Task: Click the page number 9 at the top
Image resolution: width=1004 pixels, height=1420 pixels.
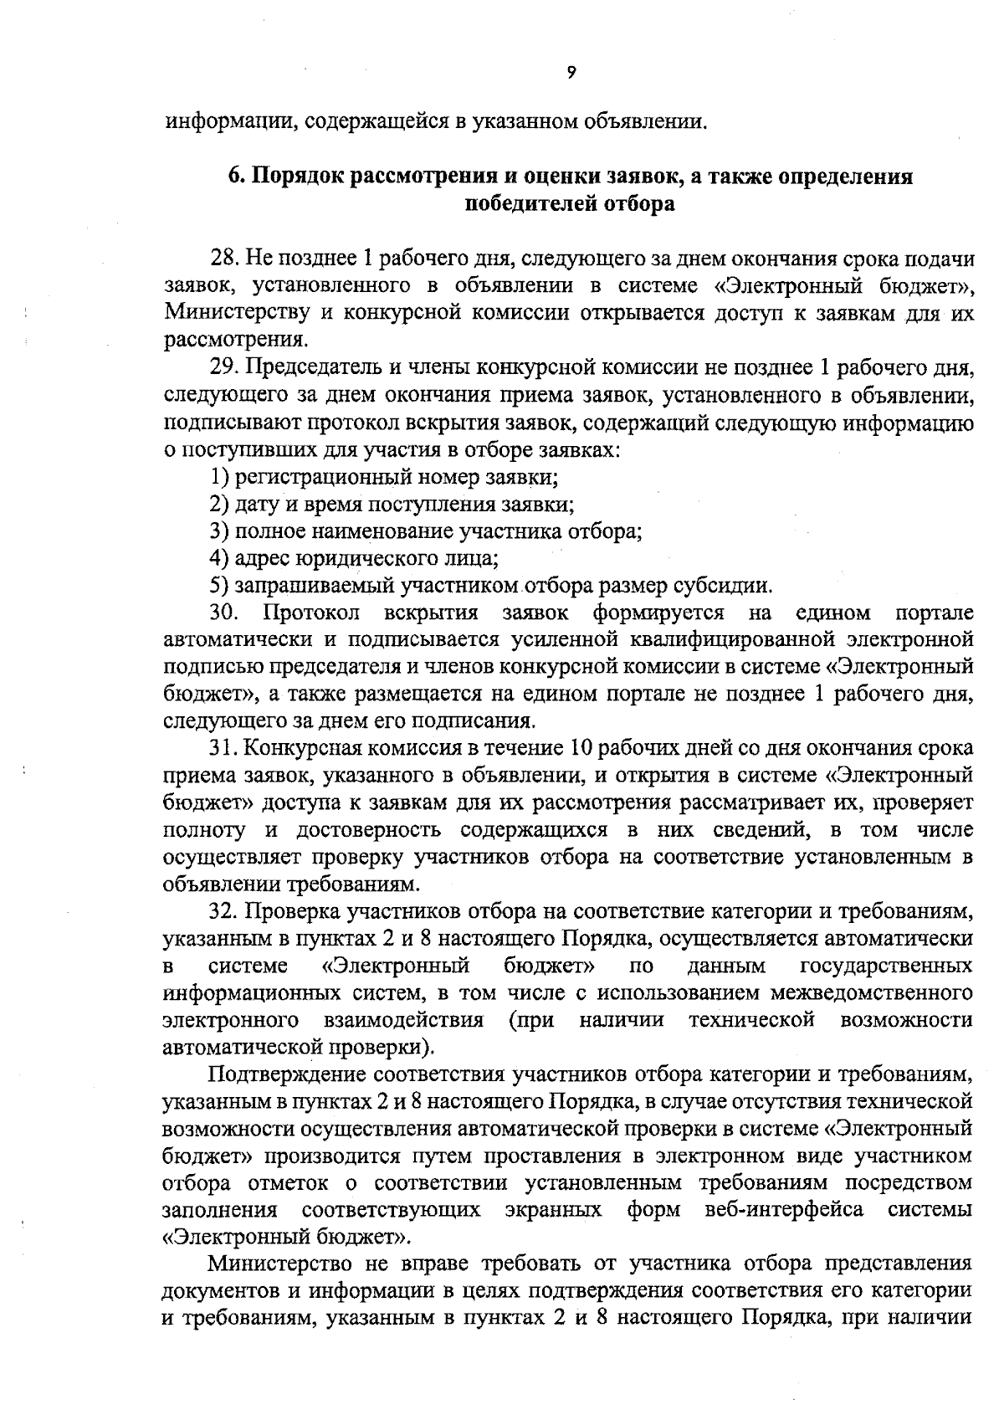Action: click(x=571, y=73)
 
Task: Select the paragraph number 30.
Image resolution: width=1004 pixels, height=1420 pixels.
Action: click(x=224, y=613)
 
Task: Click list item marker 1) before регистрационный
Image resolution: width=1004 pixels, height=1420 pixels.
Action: click(x=219, y=477)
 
